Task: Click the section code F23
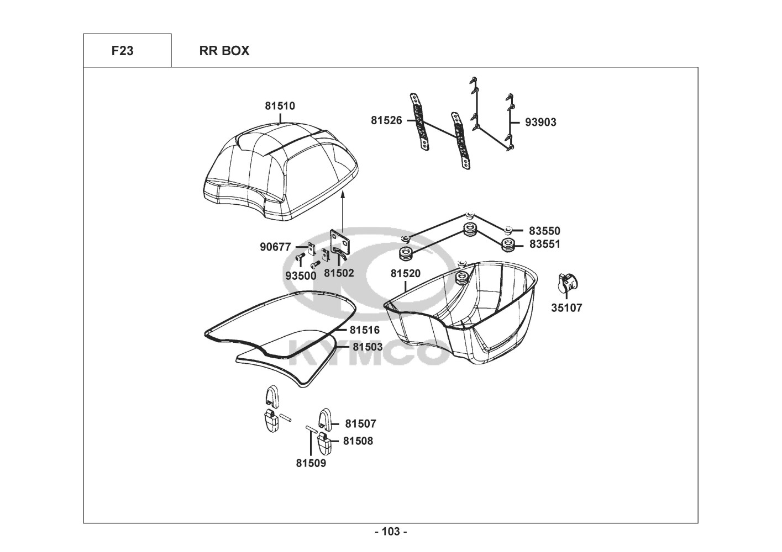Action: [x=122, y=51]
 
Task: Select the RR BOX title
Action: [x=224, y=51]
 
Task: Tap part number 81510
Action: [x=280, y=106]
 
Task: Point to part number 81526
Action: [x=386, y=121]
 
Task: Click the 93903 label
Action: [x=540, y=123]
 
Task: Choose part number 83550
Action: [x=544, y=231]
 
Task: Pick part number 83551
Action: [x=545, y=244]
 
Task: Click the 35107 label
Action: [x=566, y=308]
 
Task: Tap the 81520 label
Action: [x=406, y=274]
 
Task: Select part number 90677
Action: [x=275, y=247]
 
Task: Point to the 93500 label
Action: [x=301, y=276]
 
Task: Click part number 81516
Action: [x=365, y=330]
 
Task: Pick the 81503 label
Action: [x=368, y=347]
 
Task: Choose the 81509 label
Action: [x=311, y=463]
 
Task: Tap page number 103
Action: [x=391, y=532]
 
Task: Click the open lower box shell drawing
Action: [x=461, y=312]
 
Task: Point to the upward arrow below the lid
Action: [x=343, y=212]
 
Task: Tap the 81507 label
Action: [x=361, y=424]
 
